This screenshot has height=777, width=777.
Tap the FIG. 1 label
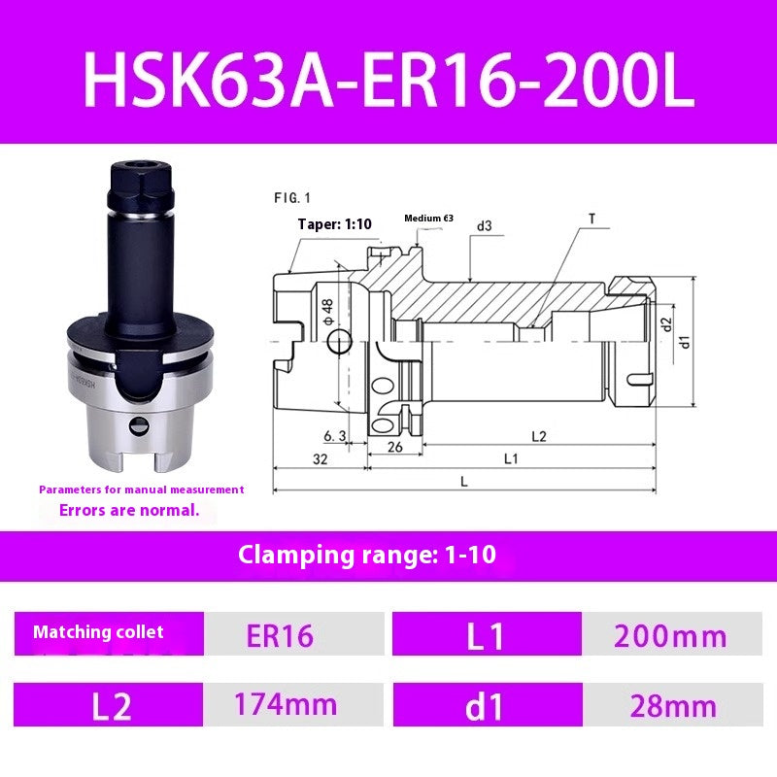click(291, 197)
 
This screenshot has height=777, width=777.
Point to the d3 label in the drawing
click(484, 226)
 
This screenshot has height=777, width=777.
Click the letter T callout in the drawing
click(591, 220)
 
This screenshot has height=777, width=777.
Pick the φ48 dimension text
click(327, 312)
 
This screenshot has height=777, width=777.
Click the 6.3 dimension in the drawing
click(334, 436)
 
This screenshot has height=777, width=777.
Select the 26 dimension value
click(394, 448)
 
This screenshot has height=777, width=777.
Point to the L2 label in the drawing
click(538, 436)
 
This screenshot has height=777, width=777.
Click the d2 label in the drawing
click(666, 323)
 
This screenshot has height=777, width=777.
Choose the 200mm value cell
click(669, 636)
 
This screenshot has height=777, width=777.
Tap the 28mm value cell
click(672, 705)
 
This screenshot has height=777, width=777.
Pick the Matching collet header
click(98, 632)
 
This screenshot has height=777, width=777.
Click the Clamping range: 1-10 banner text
click(367, 556)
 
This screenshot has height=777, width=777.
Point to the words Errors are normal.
click(129, 509)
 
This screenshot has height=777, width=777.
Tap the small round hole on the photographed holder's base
click(139, 424)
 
